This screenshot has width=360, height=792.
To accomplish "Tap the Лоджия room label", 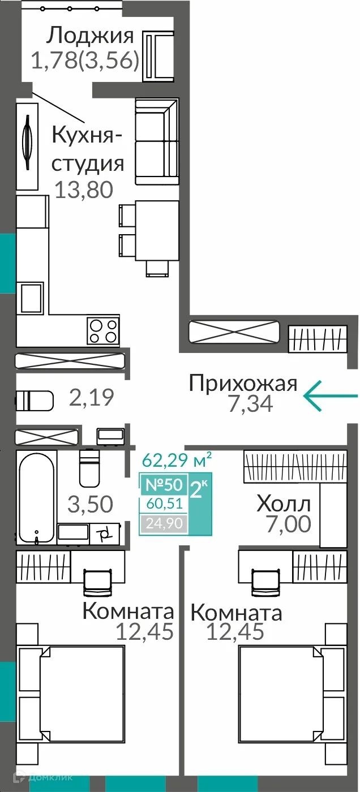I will (x=90, y=36).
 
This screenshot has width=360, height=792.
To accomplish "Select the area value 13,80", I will (x=84, y=190).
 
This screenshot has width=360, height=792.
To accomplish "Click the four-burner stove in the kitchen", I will (x=102, y=330).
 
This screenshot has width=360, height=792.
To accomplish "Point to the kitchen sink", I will (x=31, y=297).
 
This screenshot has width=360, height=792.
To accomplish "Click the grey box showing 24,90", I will (x=164, y=524).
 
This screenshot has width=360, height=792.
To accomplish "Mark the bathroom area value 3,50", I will (x=91, y=503).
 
